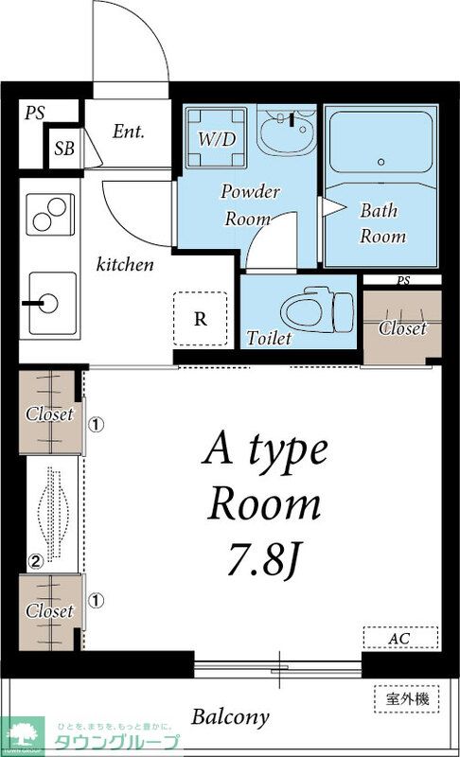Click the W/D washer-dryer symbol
pos(216,137)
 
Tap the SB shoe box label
pos(64,149)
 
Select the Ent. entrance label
pos(129,132)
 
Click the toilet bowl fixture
pos(319,309)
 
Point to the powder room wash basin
pos(286,130)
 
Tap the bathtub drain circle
pos(380,162)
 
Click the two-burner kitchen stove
pos(50,215)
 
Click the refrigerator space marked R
pos(201,319)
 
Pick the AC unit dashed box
pos(400,638)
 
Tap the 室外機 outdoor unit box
pos(407,698)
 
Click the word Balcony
pos(230,718)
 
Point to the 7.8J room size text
pos(263,559)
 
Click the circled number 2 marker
pos(36,561)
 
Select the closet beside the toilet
pos(402,327)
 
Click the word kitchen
pos(125,264)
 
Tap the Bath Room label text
pos(382,223)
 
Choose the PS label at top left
pos(35,114)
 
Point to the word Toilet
pos(270,338)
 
